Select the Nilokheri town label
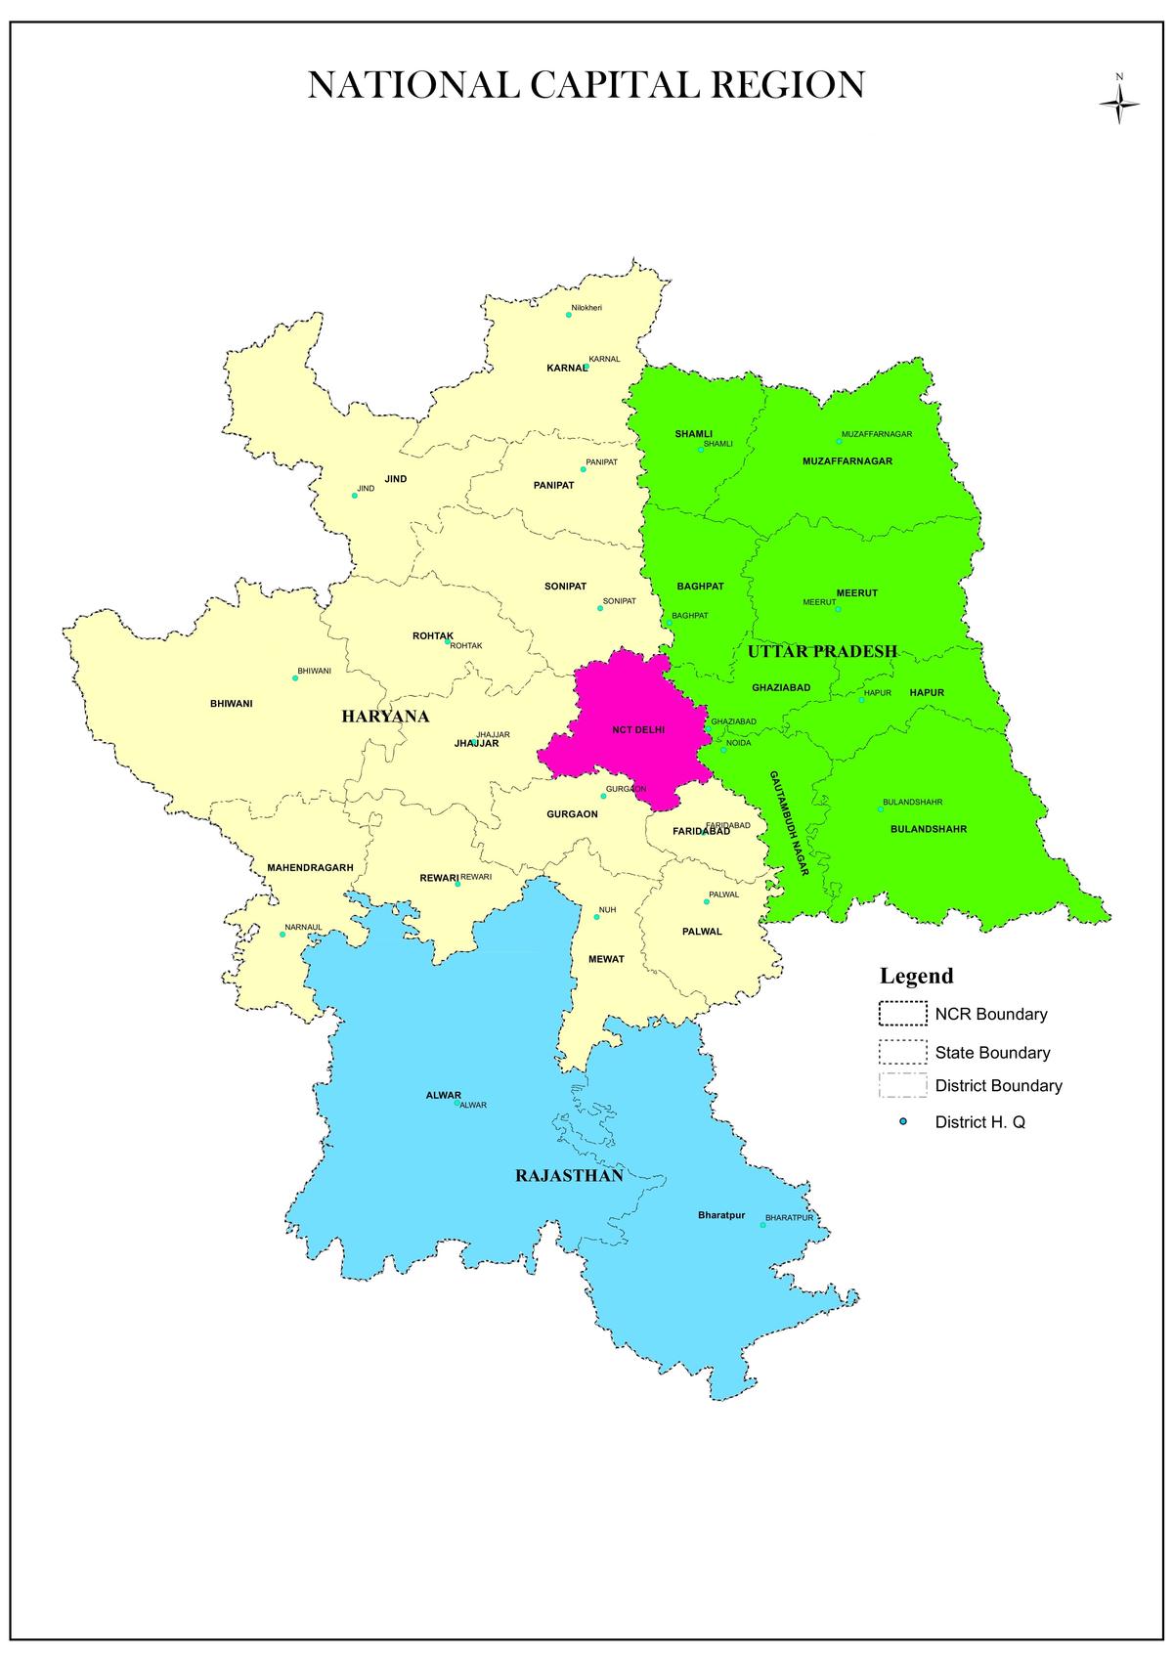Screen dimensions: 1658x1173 (x=586, y=308)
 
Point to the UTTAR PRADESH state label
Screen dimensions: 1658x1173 (x=822, y=651)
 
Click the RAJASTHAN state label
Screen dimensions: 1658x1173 (x=569, y=1175)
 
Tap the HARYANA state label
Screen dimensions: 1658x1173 (x=385, y=717)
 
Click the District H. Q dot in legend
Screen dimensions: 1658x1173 (x=903, y=1122)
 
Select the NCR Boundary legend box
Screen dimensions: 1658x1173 (x=901, y=1014)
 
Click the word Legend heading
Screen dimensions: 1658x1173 (x=916, y=976)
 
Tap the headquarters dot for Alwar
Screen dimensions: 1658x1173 (x=456, y=1103)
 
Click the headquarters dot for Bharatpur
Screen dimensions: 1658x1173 (x=763, y=1225)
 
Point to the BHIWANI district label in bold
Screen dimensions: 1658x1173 (x=232, y=703)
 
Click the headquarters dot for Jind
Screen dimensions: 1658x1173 (x=355, y=496)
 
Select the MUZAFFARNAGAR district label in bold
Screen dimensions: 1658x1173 (x=847, y=460)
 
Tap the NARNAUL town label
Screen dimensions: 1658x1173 (x=303, y=927)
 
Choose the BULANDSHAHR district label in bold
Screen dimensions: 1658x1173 (x=928, y=829)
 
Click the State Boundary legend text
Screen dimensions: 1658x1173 (x=992, y=1053)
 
